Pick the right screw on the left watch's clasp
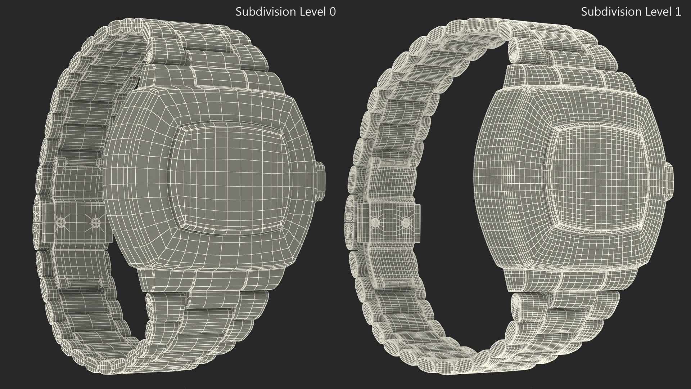(95, 222)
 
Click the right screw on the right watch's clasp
(406, 221)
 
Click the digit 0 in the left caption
(333, 12)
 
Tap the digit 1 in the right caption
(678, 12)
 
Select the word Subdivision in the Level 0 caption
(266, 12)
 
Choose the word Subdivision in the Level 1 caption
(611, 12)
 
